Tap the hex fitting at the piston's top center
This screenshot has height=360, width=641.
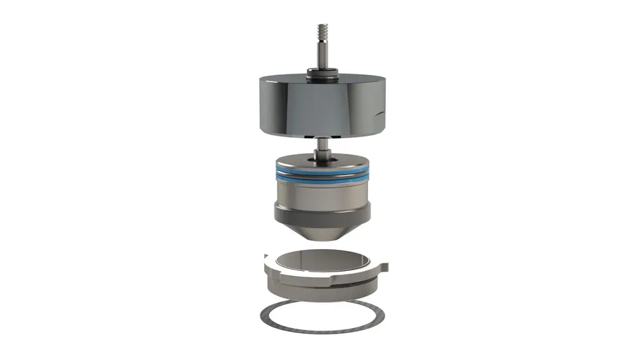coord(320,154)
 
